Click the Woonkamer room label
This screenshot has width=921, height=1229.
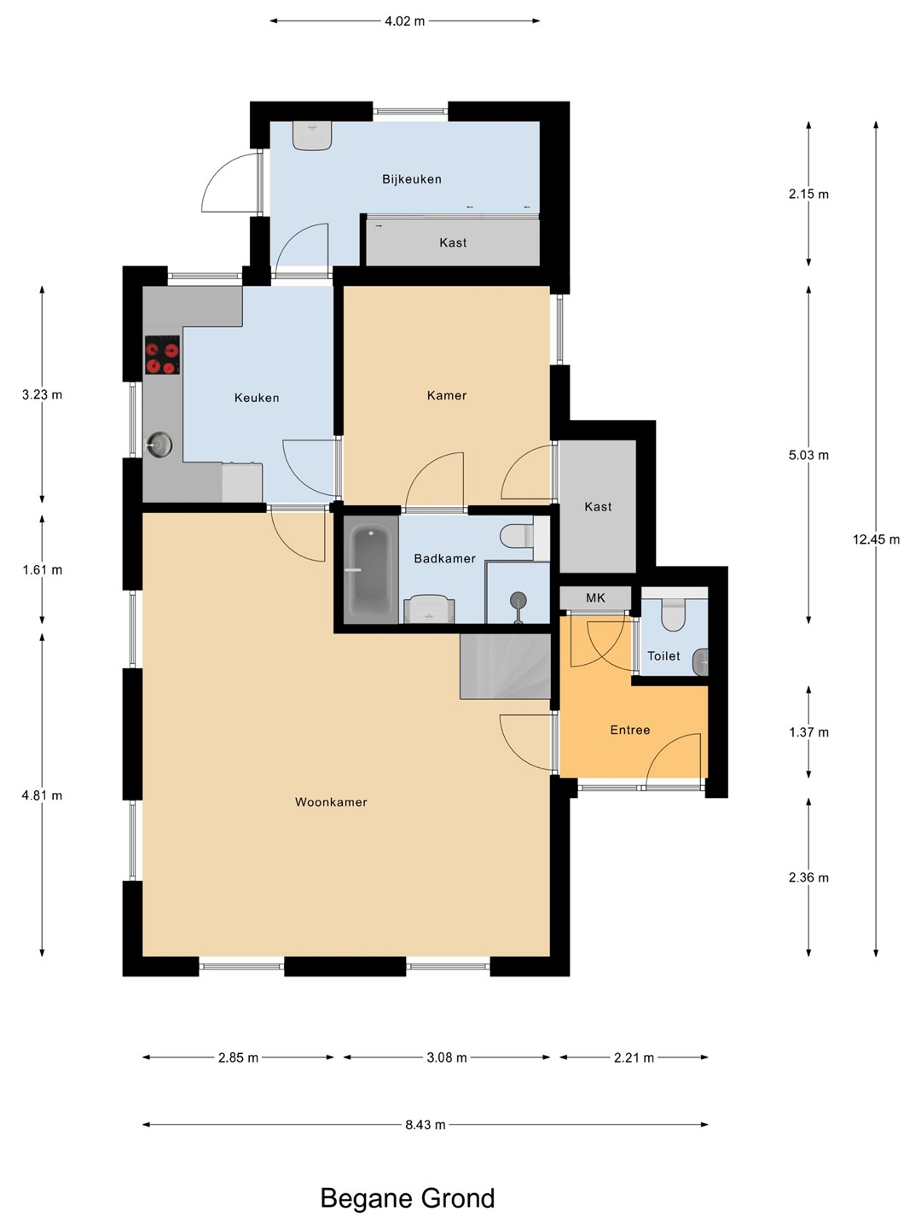pyautogui.click(x=331, y=801)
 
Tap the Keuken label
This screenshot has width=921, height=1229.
pyautogui.click(x=257, y=398)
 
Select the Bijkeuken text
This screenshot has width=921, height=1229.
pyautogui.click(x=412, y=179)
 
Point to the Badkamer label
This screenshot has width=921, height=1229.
pyautogui.click(x=444, y=558)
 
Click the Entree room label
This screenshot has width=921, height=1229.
pyautogui.click(x=629, y=730)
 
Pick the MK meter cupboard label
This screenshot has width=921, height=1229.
pyautogui.click(x=595, y=597)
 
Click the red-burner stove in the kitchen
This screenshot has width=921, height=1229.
pyautogui.click(x=162, y=355)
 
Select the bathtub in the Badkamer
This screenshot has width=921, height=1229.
pyautogui.click(x=370, y=569)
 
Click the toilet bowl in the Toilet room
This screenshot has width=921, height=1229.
pyautogui.click(x=673, y=614)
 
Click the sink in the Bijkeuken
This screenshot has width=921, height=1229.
pyautogui.click(x=313, y=136)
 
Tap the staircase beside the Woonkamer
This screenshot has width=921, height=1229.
pyautogui.click(x=505, y=667)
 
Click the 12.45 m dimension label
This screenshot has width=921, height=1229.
pyautogui.click(x=876, y=539)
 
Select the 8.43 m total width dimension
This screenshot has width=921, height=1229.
pyautogui.click(x=425, y=1124)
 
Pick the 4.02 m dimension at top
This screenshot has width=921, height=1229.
pyautogui.click(x=404, y=21)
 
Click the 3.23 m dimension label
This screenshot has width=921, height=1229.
pyautogui.click(x=42, y=395)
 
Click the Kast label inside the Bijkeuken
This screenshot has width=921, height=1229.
pyautogui.click(x=452, y=242)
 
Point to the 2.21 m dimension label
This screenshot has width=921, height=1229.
pyautogui.click(x=634, y=1057)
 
